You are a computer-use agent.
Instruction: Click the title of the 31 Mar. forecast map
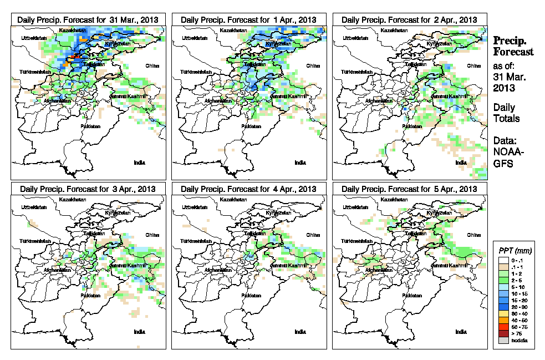click(x=88, y=19)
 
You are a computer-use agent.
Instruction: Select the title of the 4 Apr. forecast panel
click(x=248, y=189)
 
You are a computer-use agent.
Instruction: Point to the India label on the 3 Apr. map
click(x=139, y=332)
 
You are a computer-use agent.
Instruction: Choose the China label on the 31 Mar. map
click(x=151, y=65)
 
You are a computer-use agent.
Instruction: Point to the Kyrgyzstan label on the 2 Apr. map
click(x=437, y=43)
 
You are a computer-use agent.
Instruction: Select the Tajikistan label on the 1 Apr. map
click(x=251, y=64)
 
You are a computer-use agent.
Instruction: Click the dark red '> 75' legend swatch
click(x=502, y=333)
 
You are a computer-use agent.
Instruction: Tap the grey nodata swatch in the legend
click(x=502, y=340)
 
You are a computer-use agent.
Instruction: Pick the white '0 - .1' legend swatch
click(x=502, y=260)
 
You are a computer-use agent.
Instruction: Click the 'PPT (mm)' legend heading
click(x=513, y=250)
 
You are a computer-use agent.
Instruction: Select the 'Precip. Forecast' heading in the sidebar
click(x=513, y=46)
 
